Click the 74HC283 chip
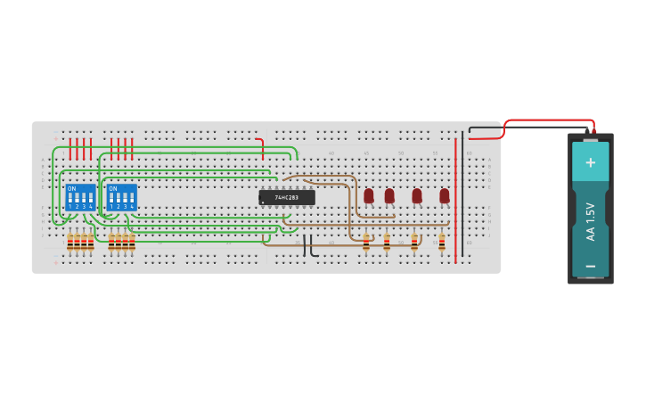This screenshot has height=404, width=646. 287,197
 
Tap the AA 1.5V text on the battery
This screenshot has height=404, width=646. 590,220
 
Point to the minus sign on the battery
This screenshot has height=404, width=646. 590,266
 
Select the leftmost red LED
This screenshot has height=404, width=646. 369,195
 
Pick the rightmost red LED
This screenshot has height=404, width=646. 445,195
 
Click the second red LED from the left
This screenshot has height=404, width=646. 389,195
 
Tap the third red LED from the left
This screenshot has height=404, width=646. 417,195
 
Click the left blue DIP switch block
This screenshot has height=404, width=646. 80,197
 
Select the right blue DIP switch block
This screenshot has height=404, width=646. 121,197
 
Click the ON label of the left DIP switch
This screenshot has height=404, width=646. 71,188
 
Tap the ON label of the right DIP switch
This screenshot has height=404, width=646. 112,188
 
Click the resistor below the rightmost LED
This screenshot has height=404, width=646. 442,242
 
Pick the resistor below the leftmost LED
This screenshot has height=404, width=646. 366,242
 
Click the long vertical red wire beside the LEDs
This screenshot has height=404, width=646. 455,201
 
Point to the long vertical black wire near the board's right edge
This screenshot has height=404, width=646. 462,201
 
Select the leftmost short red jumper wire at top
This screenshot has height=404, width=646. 70,148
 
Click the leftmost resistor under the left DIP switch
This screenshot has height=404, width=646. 70,243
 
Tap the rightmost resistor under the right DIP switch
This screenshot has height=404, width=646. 132,243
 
